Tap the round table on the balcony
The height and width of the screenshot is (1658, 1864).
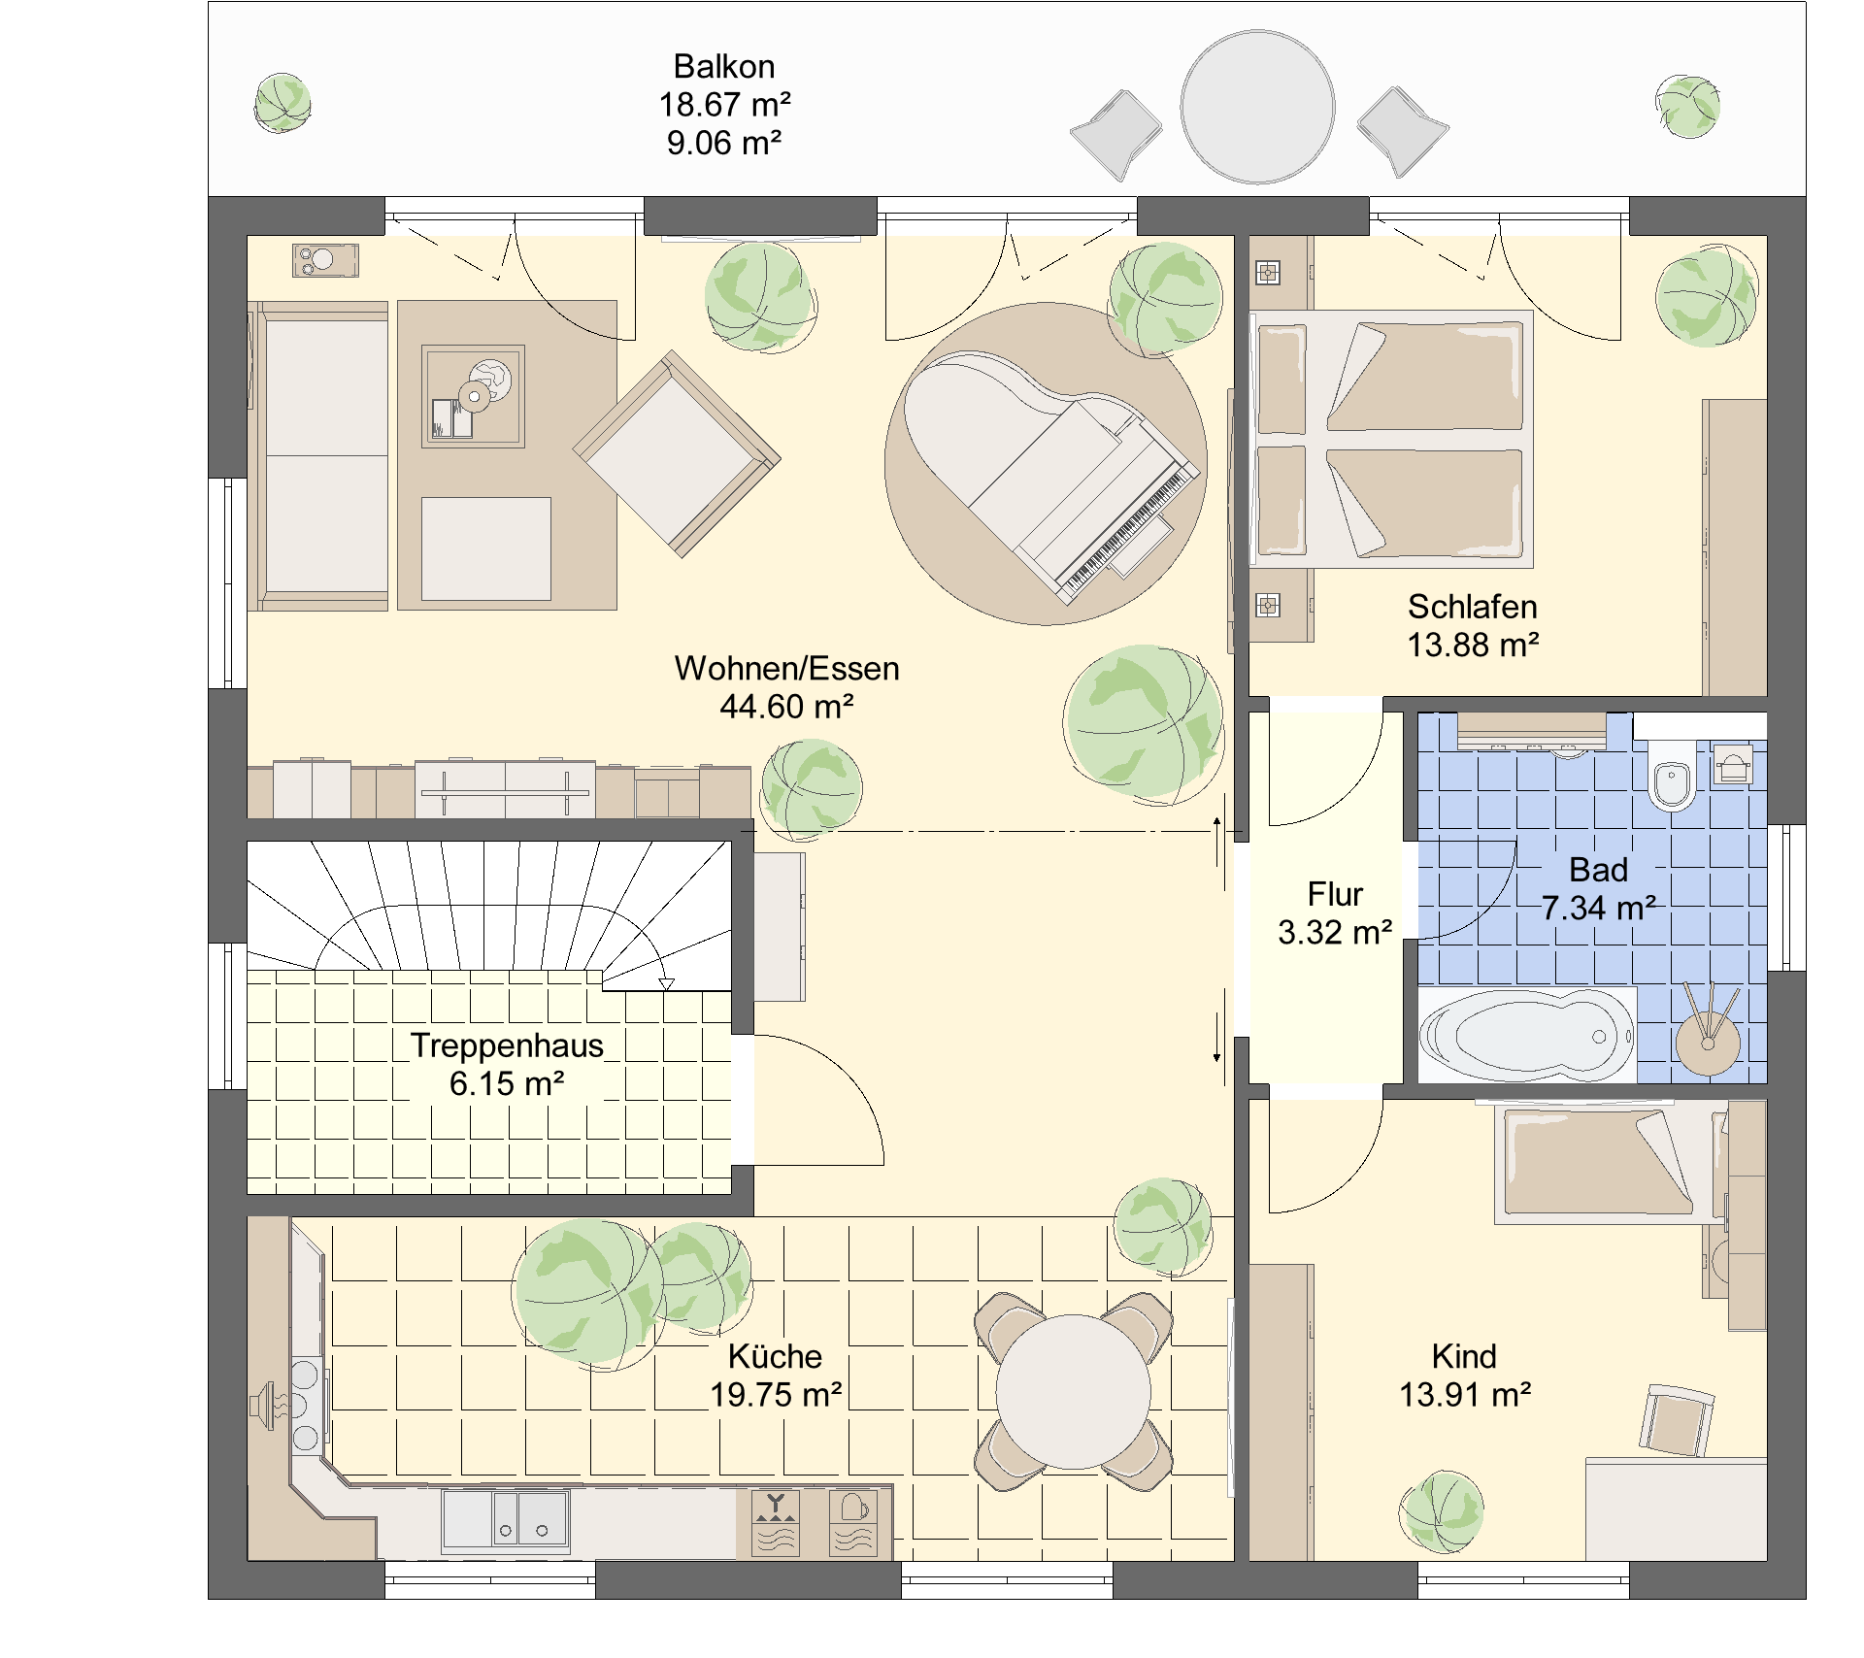pos(1257,107)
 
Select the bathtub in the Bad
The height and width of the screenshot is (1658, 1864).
pos(1527,1035)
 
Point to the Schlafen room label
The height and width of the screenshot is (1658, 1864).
pos(1473,607)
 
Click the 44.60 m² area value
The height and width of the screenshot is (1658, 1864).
pos(786,707)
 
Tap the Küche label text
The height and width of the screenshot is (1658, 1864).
pos(775,1356)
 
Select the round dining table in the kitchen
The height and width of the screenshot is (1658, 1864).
pos(1073,1392)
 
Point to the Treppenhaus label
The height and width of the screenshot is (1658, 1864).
pos(507,1045)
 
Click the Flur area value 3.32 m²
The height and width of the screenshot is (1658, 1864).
pos(1335,933)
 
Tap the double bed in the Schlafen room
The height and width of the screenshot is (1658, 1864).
pos(1391,439)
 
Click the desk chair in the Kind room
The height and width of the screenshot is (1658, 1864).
pos(1677,1420)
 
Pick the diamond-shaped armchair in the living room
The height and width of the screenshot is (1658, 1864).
pos(677,454)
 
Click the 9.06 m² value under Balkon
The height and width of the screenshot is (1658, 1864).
pos(724,144)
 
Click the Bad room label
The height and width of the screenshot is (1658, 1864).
pos(1598,870)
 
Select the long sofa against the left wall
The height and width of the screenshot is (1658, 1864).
pos(318,455)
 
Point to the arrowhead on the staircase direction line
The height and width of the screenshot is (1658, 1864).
pos(666,984)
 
